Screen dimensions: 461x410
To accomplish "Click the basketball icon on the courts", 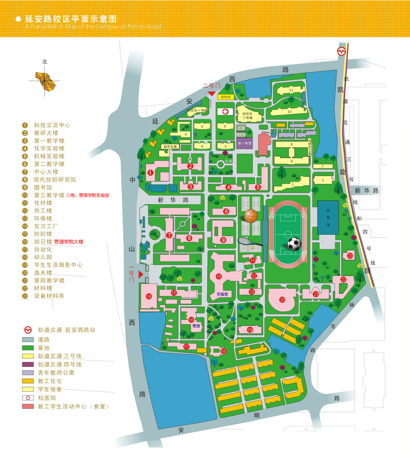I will coord(251,216).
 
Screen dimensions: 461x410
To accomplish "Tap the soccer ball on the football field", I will coord(294,244).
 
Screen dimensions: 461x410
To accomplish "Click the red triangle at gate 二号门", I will coord(212,94).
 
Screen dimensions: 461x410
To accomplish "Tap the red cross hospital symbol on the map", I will coord(225,111).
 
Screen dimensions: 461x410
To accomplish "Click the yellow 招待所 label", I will coord(226,97).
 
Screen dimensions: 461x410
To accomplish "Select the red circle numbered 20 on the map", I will coord(282,300).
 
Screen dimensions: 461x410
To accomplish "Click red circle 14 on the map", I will coord(149,296).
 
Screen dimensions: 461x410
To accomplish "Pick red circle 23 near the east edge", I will coord(350,256).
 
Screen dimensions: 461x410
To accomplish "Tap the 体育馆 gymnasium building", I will coord(328,217).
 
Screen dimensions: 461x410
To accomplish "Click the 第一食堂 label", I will coord(244,143).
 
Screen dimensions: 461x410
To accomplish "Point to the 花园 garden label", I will coord(228,161).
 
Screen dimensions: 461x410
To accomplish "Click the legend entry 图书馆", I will coord(43,187).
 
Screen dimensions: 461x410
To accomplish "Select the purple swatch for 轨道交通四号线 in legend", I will coord(28,364).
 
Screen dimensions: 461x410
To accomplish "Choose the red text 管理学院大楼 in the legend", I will coord(69,242).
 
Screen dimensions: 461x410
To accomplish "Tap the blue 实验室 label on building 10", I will coord(222,294).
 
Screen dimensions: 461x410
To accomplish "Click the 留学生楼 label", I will coord(170,147).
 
